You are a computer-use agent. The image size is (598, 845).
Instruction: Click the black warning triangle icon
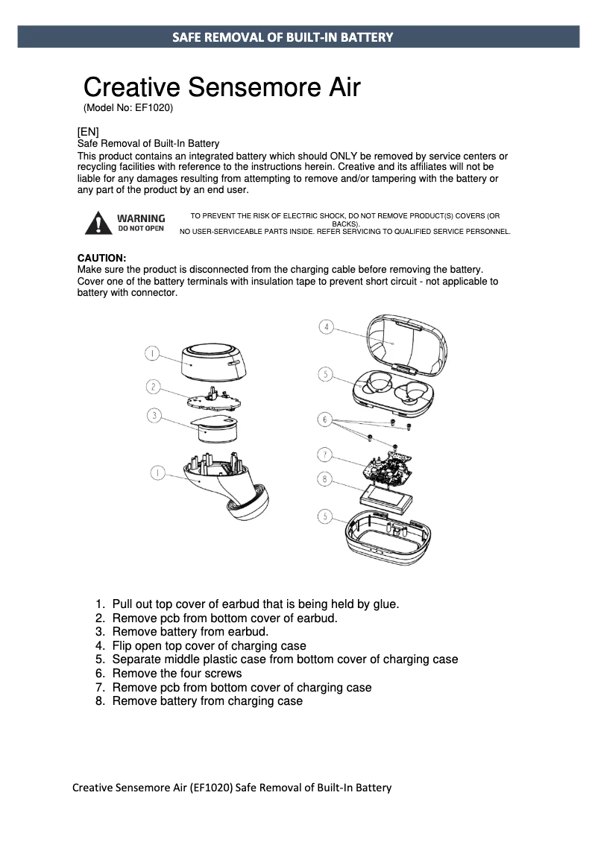[96, 223]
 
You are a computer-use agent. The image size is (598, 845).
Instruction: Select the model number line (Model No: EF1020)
[128, 108]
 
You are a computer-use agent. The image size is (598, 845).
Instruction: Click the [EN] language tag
[88, 132]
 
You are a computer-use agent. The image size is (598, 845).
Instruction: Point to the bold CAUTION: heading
[102, 258]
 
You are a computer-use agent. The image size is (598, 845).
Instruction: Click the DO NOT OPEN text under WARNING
[141, 229]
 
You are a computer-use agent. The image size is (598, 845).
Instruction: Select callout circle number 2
[152, 386]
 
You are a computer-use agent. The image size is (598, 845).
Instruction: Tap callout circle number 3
[154, 416]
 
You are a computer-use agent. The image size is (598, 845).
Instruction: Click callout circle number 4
[326, 326]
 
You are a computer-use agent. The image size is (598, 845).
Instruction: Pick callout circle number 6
[325, 420]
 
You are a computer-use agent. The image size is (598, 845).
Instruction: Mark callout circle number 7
[325, 454]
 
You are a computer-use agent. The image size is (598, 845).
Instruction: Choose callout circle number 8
[325, 480]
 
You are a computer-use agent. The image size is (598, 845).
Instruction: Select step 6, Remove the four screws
[177, 674]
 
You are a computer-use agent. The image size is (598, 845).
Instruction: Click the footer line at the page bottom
[232, 788]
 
